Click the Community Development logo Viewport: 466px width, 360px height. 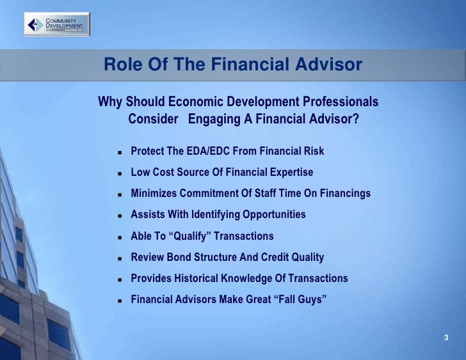point(57,25)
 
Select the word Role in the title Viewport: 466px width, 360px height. point(121,65)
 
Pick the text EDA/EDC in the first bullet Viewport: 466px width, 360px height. point(200,152)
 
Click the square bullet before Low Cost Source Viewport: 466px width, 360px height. point(120,173)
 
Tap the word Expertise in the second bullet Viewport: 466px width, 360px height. point(290,173)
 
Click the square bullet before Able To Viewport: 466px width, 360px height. point(120,237)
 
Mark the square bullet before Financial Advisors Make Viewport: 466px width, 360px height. point(120,300)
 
